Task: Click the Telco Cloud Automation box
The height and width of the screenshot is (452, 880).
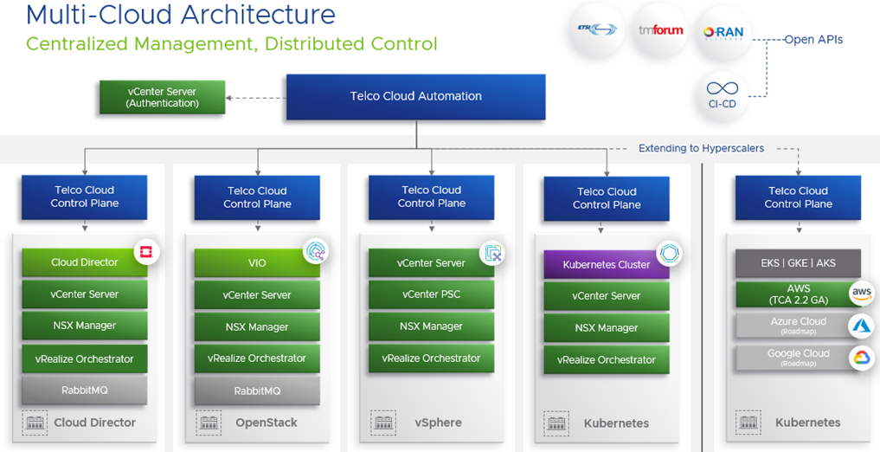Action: (x=415, y=96)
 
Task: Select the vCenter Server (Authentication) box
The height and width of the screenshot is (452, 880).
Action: (x=162, y=97)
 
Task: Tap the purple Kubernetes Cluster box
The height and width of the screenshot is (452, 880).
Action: (x=606, y=264)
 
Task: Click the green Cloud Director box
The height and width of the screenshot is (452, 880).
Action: (x=84, y=262)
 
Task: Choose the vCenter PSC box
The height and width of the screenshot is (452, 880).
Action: (x=431, y=294)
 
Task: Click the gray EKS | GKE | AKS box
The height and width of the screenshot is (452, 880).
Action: (x=798, y=263)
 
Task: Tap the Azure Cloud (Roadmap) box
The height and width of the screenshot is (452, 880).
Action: (x=798, y=326)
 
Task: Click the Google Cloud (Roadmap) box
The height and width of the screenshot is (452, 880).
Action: (x=798, y=358)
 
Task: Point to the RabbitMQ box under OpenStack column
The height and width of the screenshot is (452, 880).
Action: (x=256, y=391)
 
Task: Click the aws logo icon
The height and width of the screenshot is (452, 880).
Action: (x=861, y=293)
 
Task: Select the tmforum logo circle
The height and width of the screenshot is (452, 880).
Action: (x=660, y=30)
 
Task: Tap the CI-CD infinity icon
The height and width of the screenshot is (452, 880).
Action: (x=722, y=93)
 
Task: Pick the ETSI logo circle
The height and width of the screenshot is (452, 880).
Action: (x=596, y=30)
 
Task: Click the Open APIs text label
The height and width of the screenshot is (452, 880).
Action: (x=813, y=39)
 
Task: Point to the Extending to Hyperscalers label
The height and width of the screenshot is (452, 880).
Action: (x=701, y=148)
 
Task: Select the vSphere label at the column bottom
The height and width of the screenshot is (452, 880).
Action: (x=437, y=423)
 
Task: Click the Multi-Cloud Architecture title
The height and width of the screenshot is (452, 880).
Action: (x=180, y=15)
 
